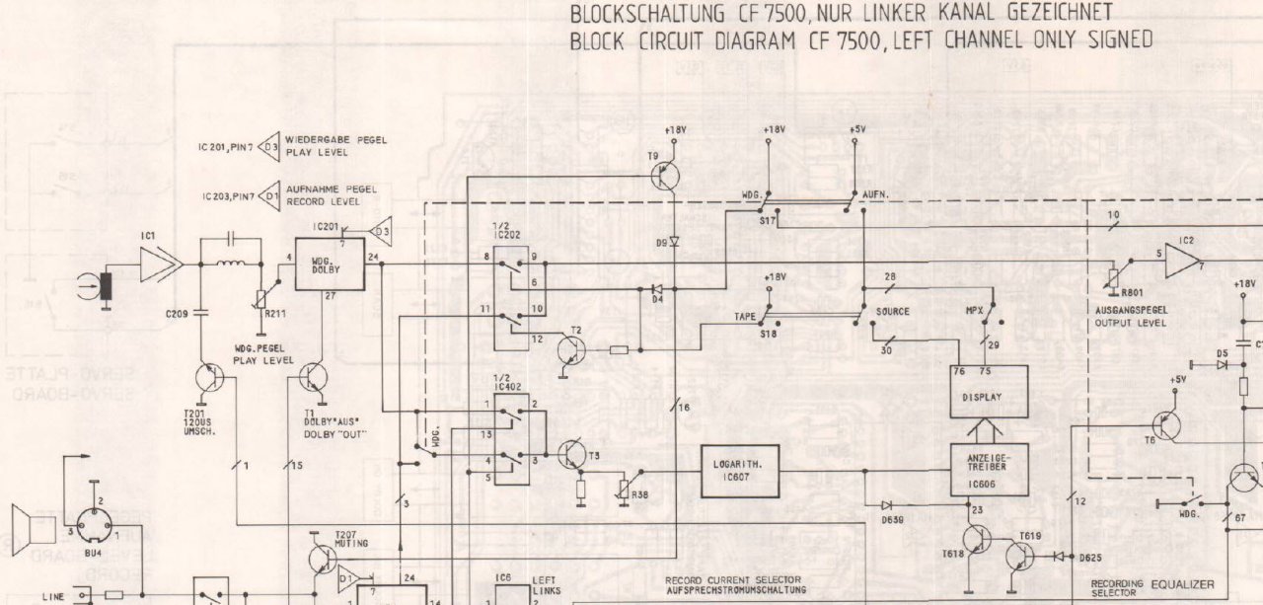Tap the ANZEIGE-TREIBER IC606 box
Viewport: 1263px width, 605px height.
click(x=989, y=470)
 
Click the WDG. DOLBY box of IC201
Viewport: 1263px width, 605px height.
click(x=330, y=264)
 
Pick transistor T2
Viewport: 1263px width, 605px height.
click(x=571, y=349)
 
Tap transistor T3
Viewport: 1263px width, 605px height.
click(x=573, y=454)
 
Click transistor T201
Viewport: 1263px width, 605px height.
click(x=209, y=379)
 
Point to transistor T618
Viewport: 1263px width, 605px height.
click(x=976, y=541)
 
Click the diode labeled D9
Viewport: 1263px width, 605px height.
click(x=675, y=241)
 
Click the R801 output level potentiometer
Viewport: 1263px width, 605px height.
click(x=1114, y=278)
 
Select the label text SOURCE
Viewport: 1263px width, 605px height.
click(x=892, y=311)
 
